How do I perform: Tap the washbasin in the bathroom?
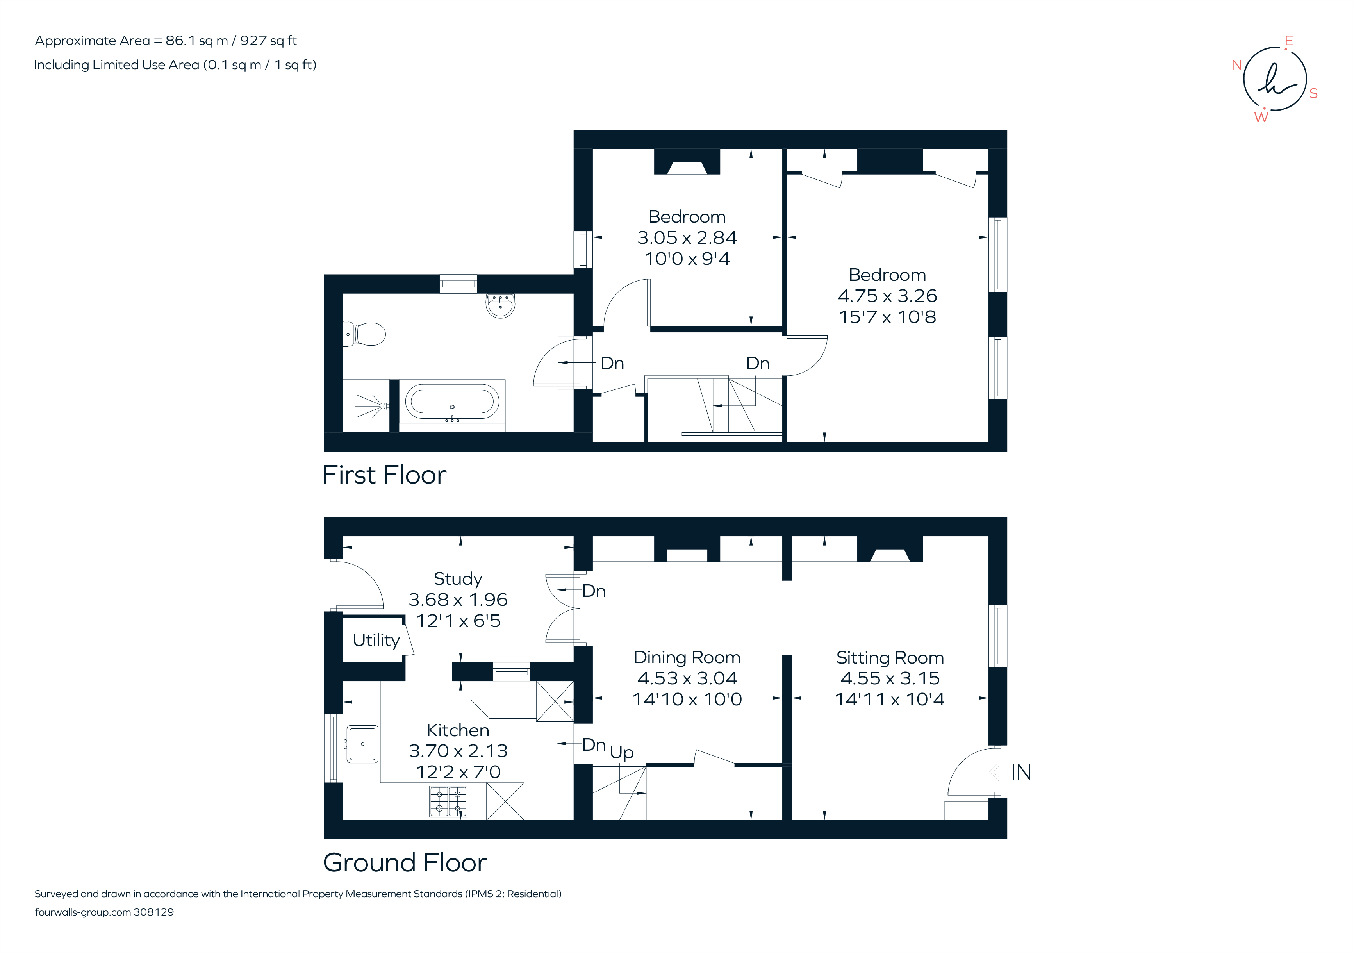(x=500, y=305)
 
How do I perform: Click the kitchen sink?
(x=362, y=744)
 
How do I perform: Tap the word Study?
(x=458, y=578)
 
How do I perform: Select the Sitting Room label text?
(x=890, y=658)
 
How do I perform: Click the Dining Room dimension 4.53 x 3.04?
(x=687, y=678)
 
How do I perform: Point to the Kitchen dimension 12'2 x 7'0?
(x=458, y=771)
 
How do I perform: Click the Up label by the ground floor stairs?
(x=622, y=753)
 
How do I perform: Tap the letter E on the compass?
(x=1288, y=41)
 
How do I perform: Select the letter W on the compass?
(x=1261, y=117)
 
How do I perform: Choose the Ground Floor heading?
(x=405, y=863)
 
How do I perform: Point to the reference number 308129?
(x=154, y=912)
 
